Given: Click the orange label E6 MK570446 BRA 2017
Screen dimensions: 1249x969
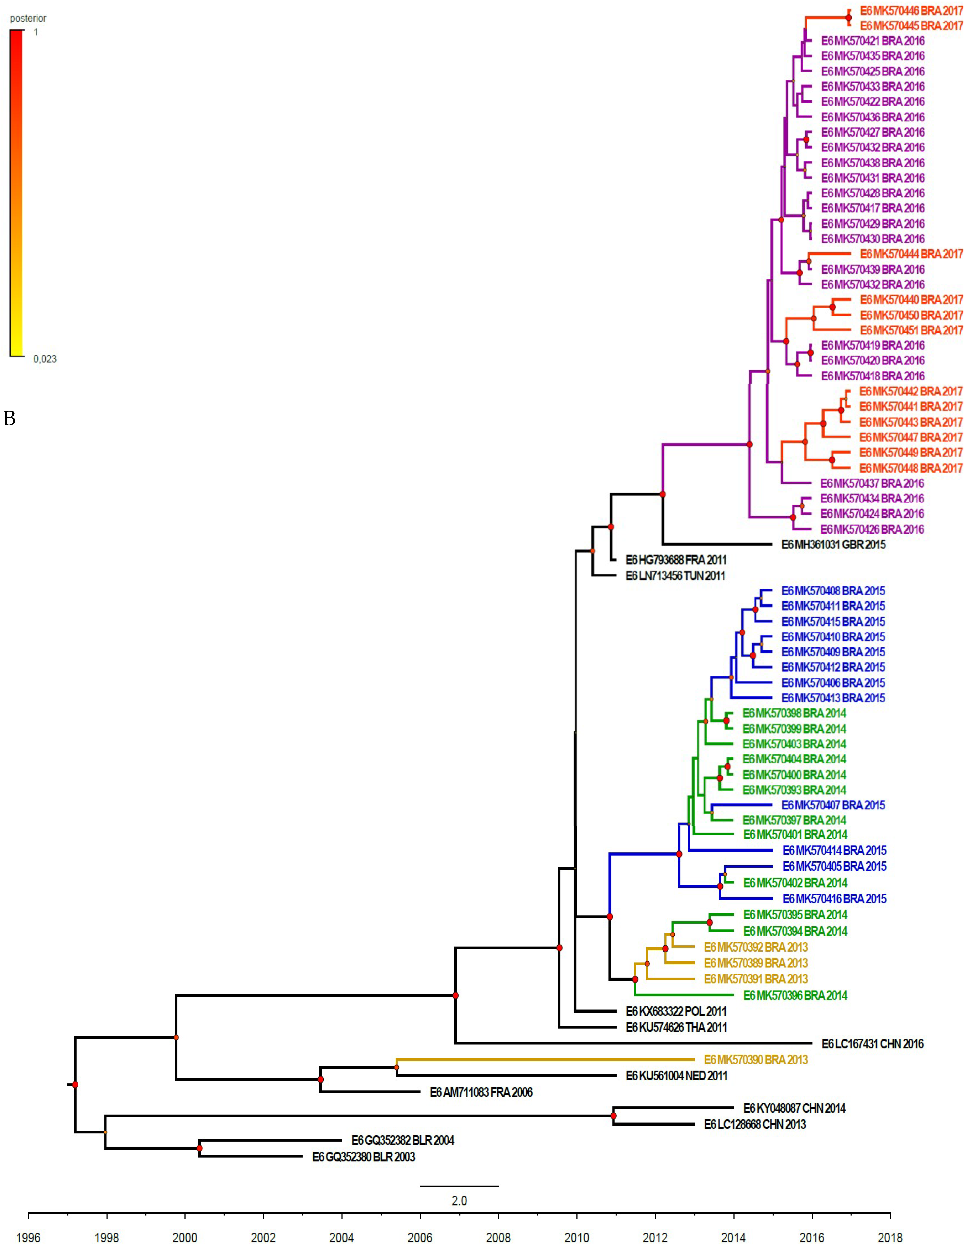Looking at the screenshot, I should tap(911, 11).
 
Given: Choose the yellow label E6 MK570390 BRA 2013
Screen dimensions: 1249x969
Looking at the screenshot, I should tap(756, 1060).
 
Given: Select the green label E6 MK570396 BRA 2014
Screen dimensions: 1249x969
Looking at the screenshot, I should tap(795, 996).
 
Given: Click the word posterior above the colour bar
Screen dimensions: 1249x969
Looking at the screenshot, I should tap(28, 18).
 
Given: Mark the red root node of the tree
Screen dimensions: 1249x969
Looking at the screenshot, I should tap(75, 1085).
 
